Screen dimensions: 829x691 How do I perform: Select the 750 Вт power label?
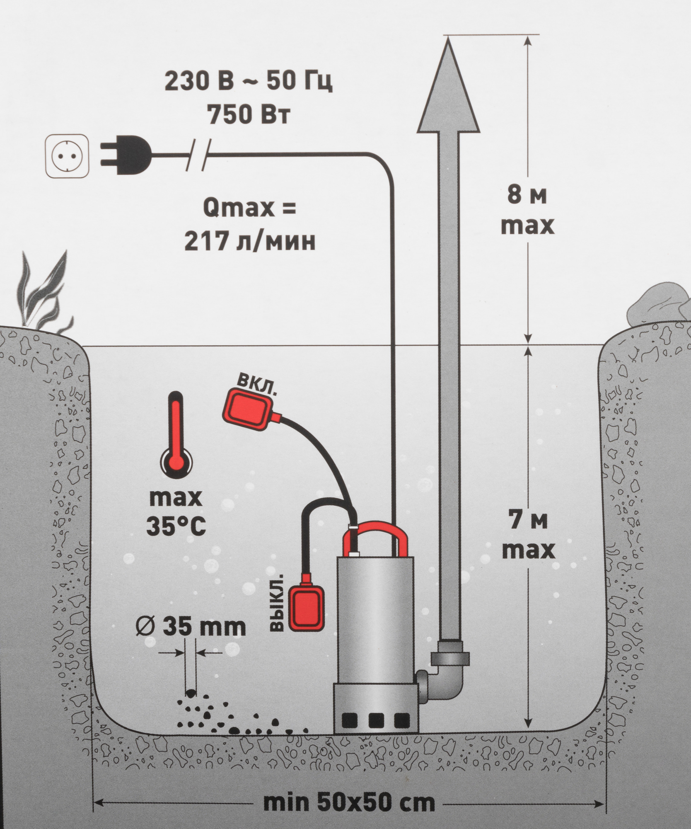point(248,115)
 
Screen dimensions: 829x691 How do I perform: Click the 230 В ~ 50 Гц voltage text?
point(248,82)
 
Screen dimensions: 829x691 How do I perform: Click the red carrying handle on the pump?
point(375,535)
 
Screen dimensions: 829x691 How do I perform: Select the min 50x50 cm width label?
point(349,803)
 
